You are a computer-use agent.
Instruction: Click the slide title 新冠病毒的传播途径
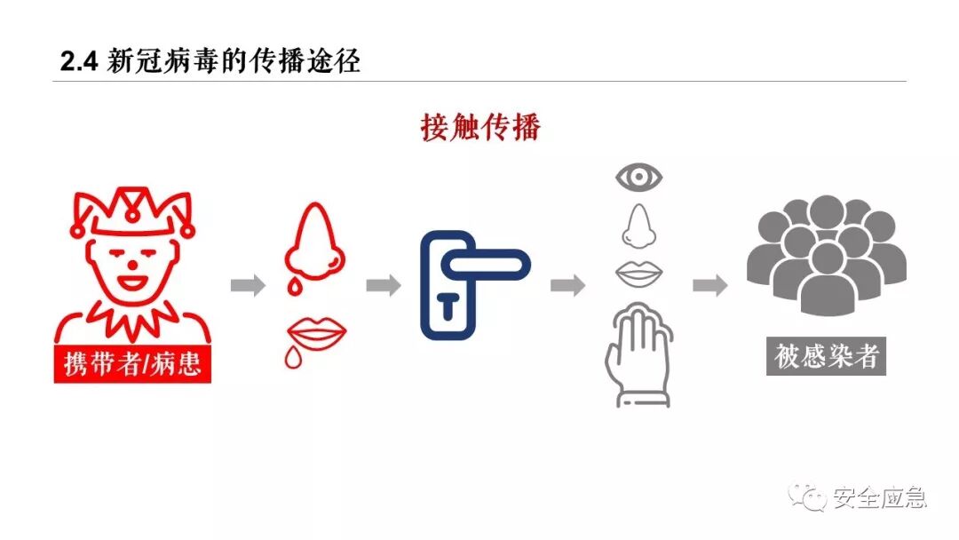click(234, 62)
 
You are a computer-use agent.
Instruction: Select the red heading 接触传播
click(480, 127)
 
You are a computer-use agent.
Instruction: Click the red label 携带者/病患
click(132, 364)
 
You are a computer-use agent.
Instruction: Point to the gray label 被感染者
click(827, 356)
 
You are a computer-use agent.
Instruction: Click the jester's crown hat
click(133, 211)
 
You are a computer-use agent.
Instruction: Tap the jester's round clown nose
click(132, 263)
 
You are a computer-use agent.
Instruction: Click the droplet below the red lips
click(293, 358)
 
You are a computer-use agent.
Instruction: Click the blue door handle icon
click(471, 284)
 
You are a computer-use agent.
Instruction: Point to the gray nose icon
click(638, 226)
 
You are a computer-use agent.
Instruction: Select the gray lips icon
click(639, 274)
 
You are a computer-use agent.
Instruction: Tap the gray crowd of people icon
click(826, 258)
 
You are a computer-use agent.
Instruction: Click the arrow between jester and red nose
click(248, 286)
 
